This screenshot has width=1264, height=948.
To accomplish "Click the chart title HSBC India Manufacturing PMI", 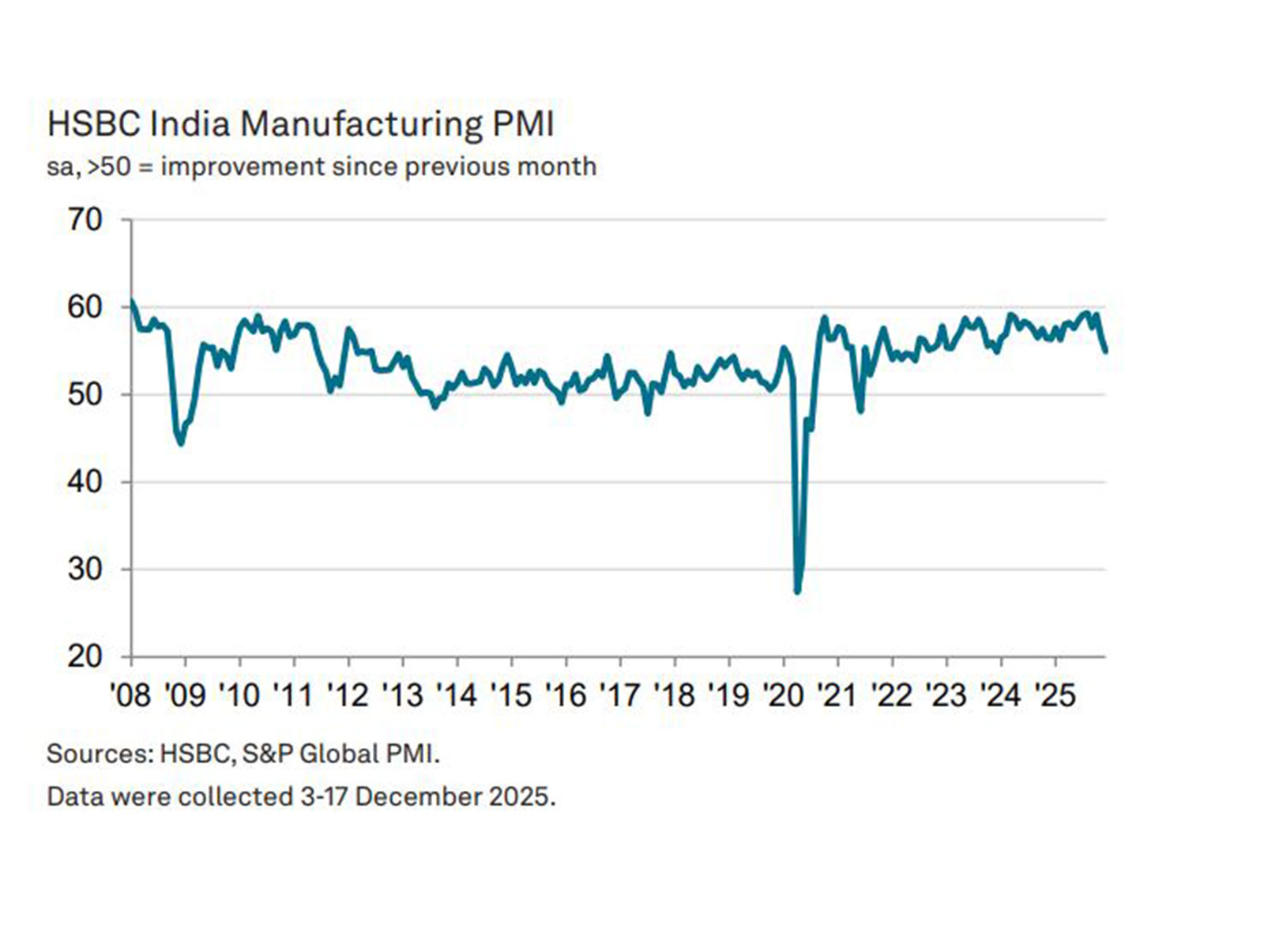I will [300, 125].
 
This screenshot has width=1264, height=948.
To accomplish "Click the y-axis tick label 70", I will [85, 220].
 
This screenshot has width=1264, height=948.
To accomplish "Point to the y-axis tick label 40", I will [85, 481].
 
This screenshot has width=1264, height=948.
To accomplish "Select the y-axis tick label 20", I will [85, 656].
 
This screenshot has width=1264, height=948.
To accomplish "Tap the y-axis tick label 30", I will [85, 569].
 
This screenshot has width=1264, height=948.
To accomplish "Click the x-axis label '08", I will [130, 694].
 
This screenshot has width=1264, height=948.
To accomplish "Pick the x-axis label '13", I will [402, 694].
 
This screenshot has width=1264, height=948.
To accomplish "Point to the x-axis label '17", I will [619, 694].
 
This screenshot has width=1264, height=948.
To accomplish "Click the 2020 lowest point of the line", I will [797, 590].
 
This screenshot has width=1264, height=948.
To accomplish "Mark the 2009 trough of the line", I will [181, 443].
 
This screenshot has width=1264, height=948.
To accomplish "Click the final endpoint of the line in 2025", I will [1105, 351].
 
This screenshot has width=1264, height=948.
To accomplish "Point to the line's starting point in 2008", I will [132, 302].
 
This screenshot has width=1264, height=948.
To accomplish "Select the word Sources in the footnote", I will [100, 754].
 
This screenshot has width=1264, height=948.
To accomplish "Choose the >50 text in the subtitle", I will [109, 167].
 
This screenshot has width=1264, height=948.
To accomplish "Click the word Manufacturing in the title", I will [360, 125].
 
